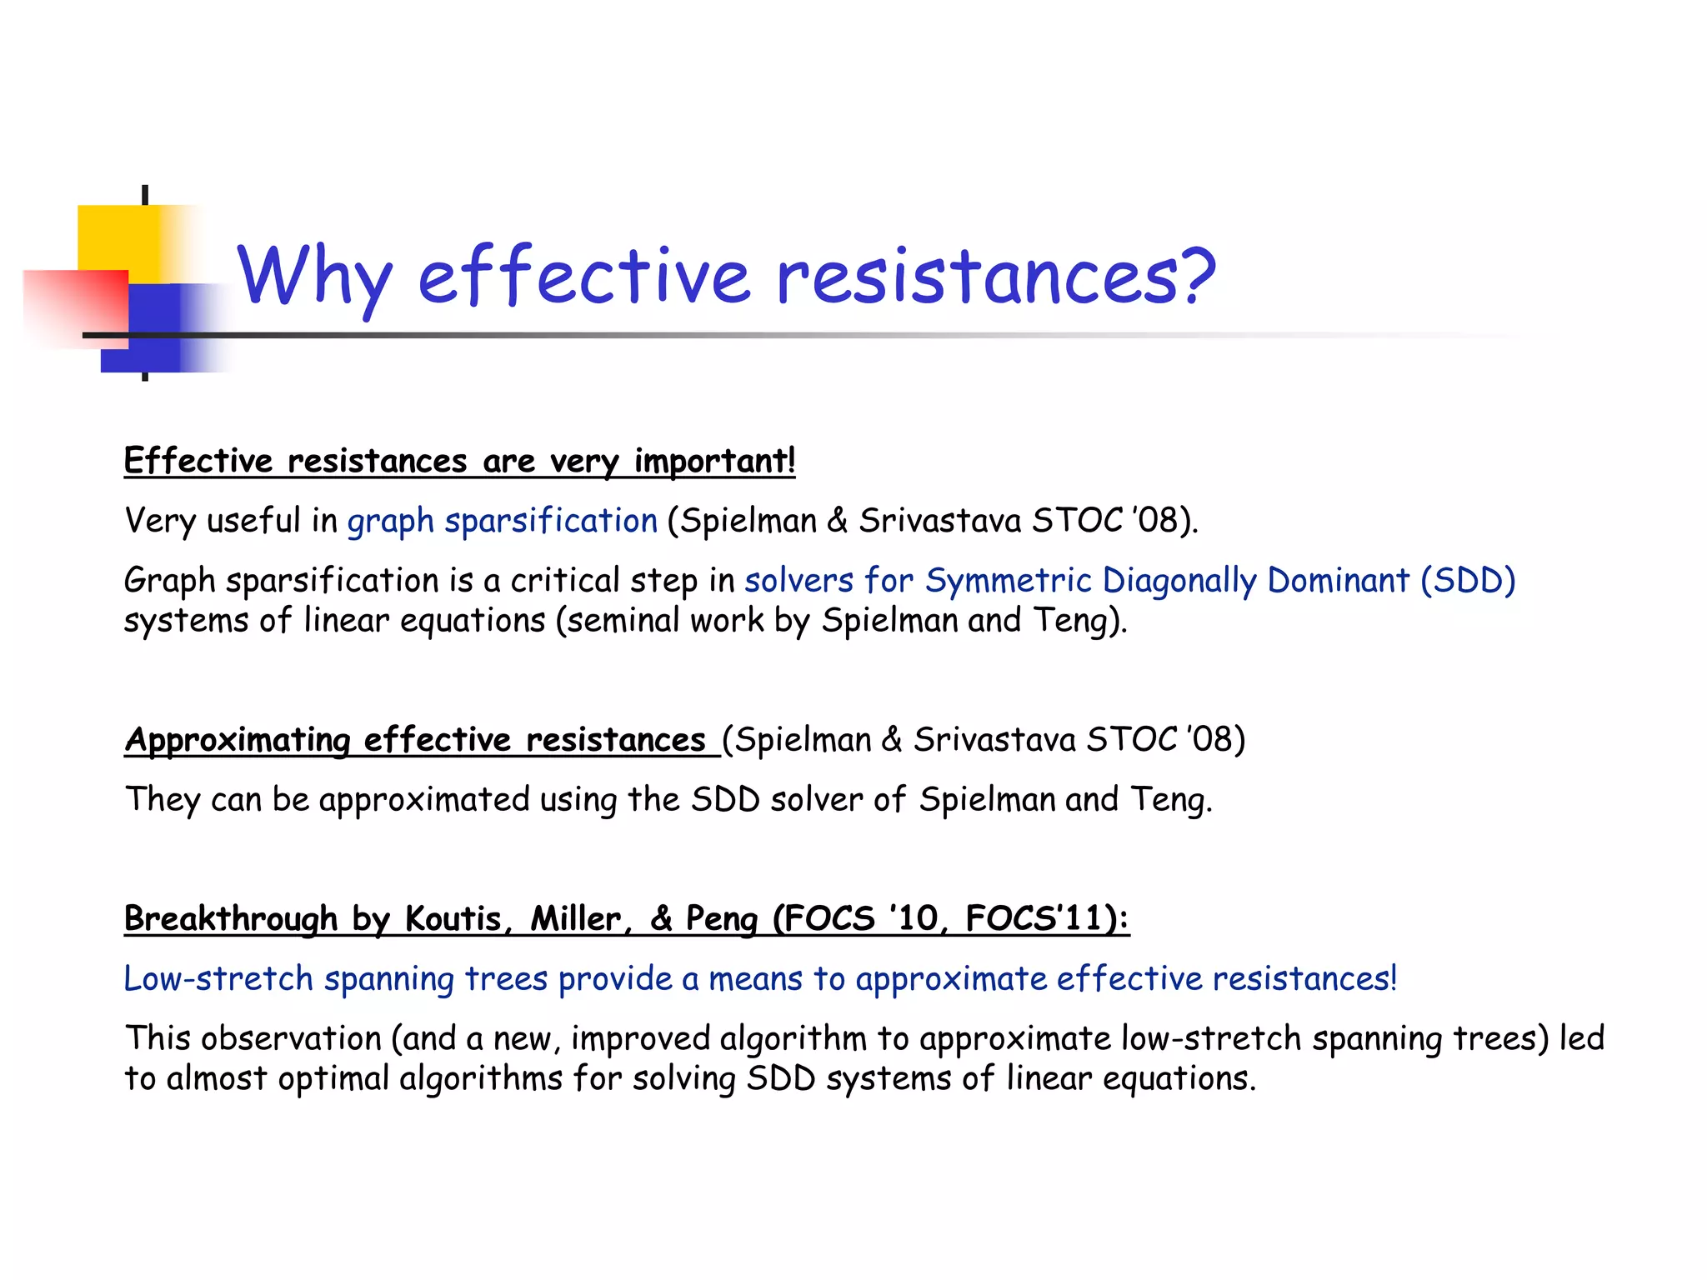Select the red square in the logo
coord(75,307)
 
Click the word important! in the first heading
coord(714,461)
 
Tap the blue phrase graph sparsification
coord(503,521)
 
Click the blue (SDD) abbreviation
coord(1468,581)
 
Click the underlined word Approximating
coord(238,741)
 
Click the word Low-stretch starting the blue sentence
coord(218,979)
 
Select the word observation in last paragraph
coord(291,1039)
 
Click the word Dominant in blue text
coord(1339,581)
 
